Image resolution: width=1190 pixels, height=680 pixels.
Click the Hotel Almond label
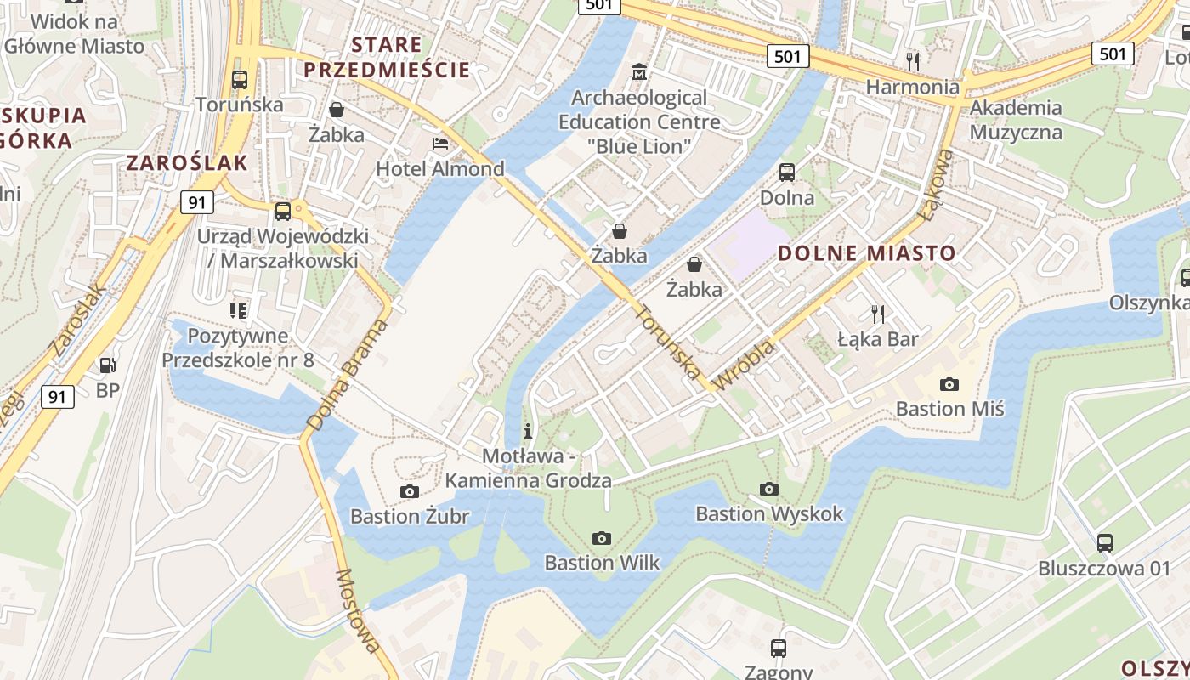[440, 168]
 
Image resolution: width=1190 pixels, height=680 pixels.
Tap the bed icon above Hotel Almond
[440, 143]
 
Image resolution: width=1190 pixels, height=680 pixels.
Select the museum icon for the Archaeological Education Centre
[638, 71]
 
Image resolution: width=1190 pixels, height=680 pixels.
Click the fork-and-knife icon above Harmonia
[913, 61]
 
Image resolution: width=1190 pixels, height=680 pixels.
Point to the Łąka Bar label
[878, 339]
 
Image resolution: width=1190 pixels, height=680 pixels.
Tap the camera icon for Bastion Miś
[949, 384]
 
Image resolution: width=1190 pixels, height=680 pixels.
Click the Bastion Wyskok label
[769, 513]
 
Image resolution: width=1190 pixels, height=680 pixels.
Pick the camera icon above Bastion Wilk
[602, 538]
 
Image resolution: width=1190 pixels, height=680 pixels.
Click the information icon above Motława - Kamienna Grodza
[528, 431]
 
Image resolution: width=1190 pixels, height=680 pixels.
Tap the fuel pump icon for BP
[107, 365]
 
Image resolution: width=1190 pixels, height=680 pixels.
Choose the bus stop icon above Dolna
[787, 173]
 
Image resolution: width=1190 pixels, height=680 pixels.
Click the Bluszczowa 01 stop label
[1104, 568]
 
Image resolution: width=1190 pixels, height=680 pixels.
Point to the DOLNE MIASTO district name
[867, 252]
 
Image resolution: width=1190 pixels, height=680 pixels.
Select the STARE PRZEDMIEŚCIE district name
[387, 57]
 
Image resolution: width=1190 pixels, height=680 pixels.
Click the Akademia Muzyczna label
[1016, 120]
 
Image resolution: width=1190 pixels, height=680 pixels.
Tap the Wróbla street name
[745, 365]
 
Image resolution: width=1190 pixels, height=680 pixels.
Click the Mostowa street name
[358, 610]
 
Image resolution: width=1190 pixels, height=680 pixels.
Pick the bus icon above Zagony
[778, 649]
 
